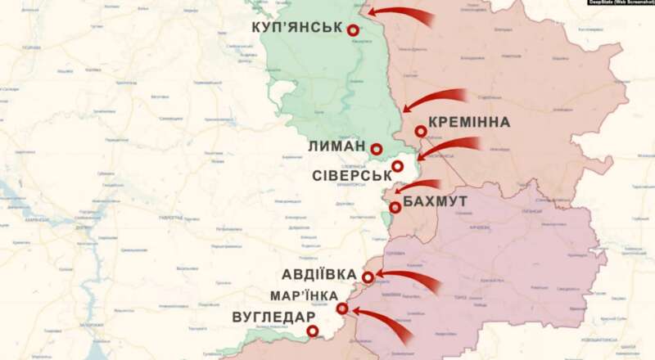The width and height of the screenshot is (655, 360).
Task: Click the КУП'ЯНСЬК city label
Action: (x=296, y=27)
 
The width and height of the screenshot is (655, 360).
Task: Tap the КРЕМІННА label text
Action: (x=469, y=123)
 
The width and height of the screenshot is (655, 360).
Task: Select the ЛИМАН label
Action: (x=337, y=146)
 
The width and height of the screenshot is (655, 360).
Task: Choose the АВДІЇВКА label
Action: (x=318, y=274)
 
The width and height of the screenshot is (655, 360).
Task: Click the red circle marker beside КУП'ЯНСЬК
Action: (x=354, y=30)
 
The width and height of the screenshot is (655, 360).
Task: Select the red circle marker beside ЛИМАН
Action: (x=376, y=149)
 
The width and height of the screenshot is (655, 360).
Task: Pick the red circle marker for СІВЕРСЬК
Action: (x=398, y=167)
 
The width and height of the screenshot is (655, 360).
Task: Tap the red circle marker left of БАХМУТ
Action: (x=395, y=207)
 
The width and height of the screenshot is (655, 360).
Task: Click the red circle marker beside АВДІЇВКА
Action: (x=368, y=277)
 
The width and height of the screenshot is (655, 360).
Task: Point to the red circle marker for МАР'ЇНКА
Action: (x=342, y=308)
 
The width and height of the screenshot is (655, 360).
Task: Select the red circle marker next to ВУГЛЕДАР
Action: (x=313, y=331)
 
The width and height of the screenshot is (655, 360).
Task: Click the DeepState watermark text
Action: (x=621, y=3)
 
